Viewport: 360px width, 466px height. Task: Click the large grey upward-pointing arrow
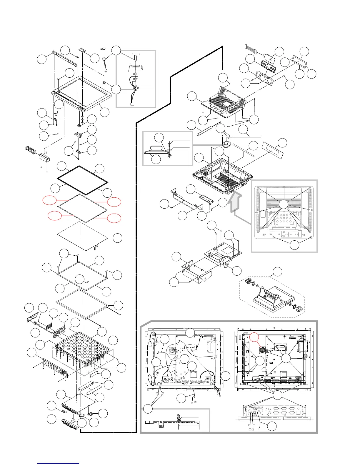coord(234,203)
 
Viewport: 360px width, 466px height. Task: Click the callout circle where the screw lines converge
coord(283,204)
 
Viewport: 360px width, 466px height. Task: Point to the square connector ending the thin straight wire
coord(261,137)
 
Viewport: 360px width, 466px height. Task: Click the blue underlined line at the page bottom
coord(58,463)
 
